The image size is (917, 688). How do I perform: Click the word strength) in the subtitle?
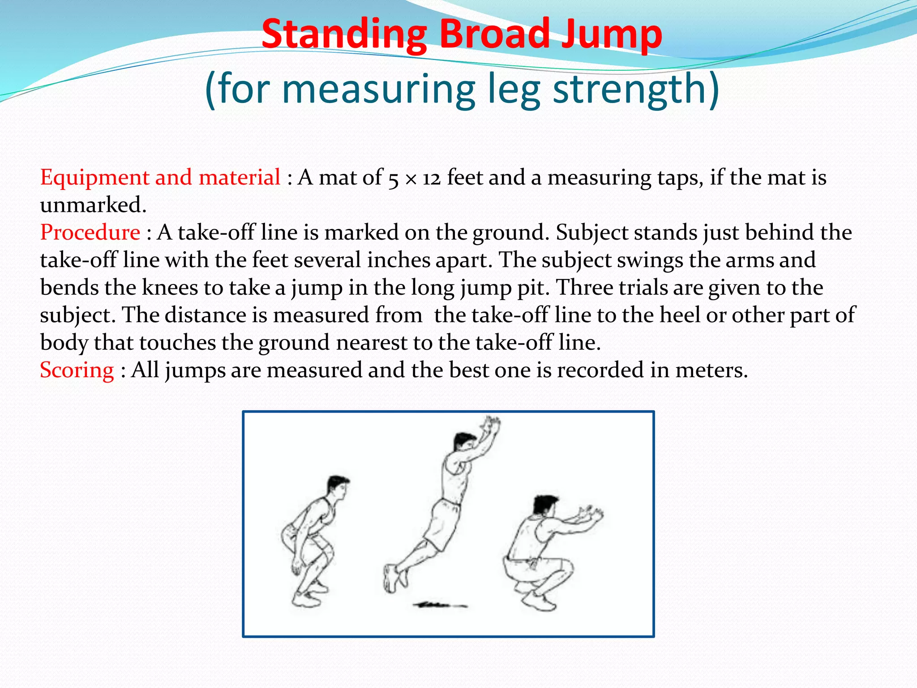tap(636, 90)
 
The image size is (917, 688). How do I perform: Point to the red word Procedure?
tap(90, 232)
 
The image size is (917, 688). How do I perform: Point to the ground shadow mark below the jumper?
tap(439, 606)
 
